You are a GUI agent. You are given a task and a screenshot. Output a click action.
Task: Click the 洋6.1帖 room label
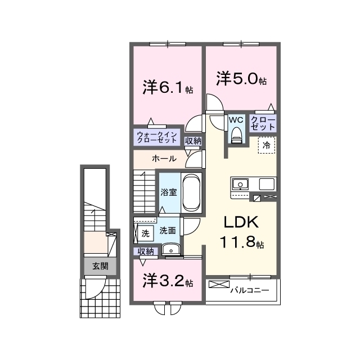168,87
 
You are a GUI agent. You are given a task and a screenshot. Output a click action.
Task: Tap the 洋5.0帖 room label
241,79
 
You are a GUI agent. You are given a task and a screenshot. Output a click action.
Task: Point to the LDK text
241,222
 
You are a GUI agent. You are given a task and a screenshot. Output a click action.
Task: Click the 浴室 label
169,192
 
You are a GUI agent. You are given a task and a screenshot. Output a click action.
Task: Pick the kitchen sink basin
240,184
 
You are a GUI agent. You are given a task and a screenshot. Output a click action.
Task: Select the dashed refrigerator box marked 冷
267,145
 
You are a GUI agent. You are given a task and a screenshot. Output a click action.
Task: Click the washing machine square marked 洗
145,234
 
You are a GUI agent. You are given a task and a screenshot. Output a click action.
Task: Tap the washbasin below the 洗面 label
171,249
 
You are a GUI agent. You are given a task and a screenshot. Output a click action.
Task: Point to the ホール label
164,159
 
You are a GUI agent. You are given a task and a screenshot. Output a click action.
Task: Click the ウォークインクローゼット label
157,137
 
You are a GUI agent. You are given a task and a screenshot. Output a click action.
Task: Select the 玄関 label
100,266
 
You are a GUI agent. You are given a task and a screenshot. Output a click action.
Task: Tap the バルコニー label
250,290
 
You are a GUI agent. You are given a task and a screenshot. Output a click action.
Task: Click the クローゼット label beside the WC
263,123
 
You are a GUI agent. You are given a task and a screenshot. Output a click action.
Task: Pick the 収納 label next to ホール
193,141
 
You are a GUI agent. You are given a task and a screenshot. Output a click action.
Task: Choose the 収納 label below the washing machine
146,251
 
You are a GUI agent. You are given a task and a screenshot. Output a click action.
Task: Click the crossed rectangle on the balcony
219,284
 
